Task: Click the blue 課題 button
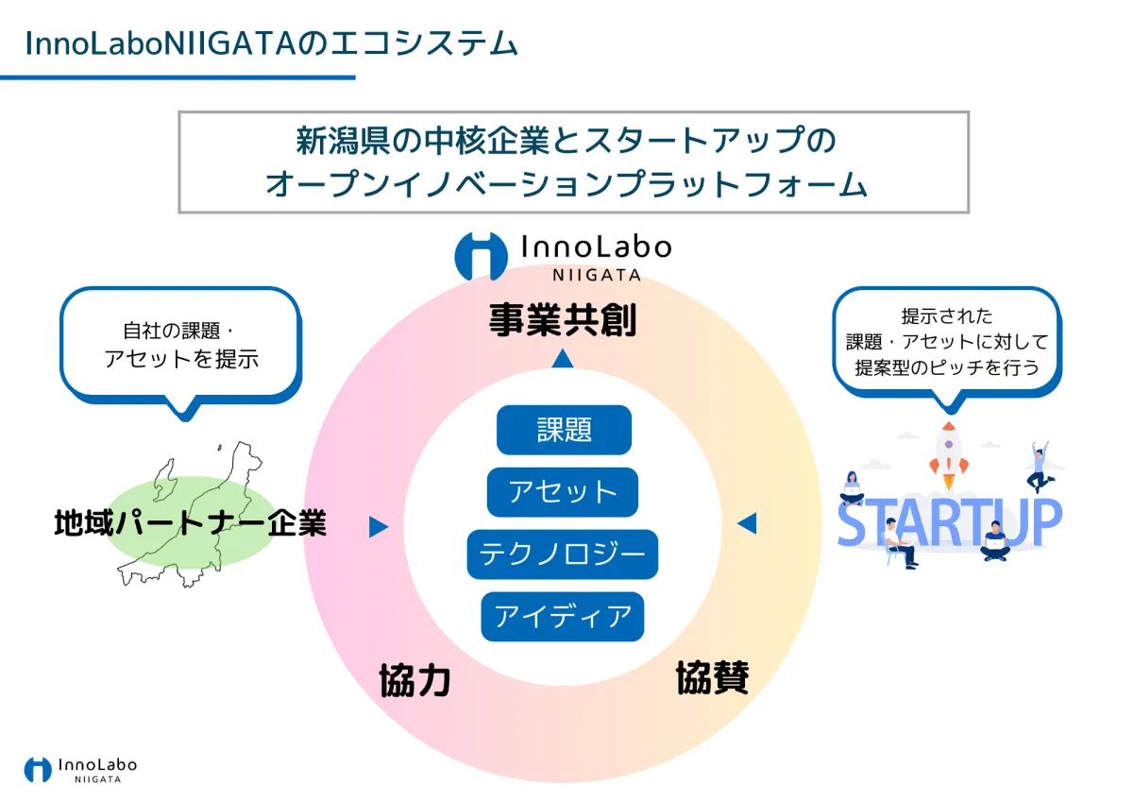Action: [564, 430]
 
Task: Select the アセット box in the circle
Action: [563, 492]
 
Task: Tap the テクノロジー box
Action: [563, 554]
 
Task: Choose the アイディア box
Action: [563, 616]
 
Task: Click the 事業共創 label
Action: [563, 320]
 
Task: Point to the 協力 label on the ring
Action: [414, 681]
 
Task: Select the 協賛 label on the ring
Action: [712, 677]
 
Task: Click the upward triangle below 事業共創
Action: [563, 359]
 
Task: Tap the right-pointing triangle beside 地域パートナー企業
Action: [379, 526]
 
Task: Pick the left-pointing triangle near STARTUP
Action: [747, 523]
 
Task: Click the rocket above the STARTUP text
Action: [949, 455]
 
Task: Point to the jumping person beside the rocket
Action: [1040, 467]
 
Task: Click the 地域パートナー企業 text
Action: [190, 523]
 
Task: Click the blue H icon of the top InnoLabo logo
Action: [481, 256]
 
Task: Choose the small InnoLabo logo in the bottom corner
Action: [81, 770]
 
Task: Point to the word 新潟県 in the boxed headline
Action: [343, 141]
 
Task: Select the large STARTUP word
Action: [950, 522]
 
